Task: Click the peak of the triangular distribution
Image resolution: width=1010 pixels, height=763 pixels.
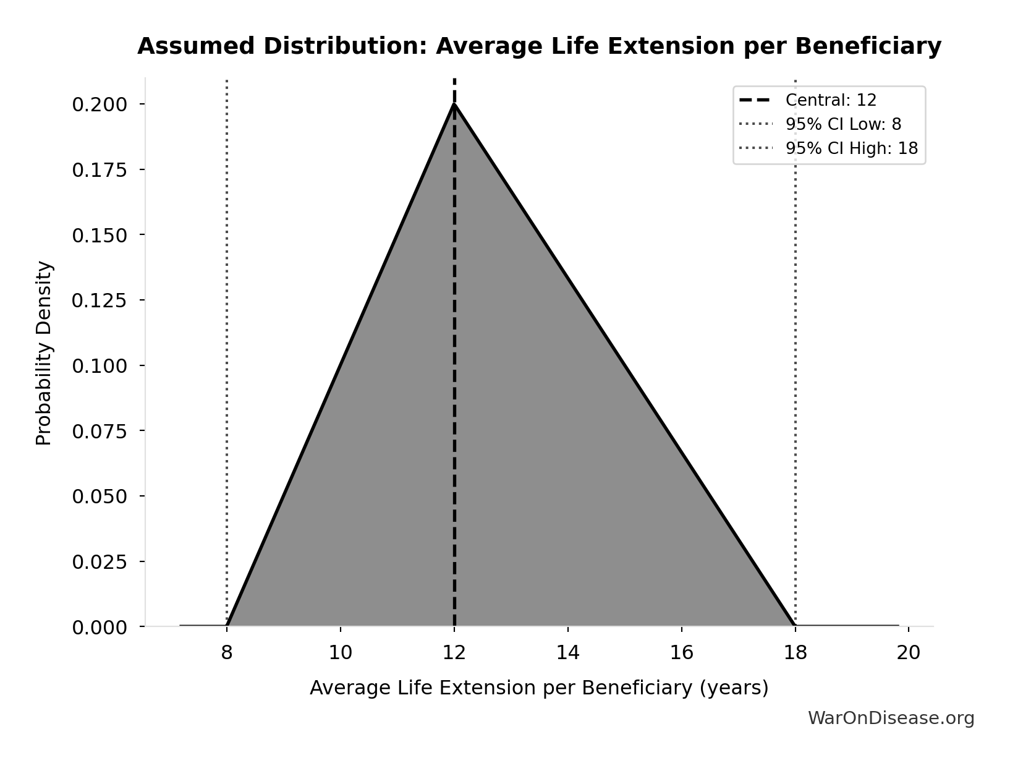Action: (454, 104)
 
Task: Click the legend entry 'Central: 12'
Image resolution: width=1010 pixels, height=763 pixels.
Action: (830, 100)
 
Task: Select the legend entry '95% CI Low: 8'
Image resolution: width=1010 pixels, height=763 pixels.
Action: (842, 124)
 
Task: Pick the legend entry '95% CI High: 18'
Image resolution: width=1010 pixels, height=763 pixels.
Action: (851, 148)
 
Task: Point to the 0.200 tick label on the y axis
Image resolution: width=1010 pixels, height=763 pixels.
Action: (100, 104)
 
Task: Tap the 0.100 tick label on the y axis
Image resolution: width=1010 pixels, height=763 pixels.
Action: (100, 366)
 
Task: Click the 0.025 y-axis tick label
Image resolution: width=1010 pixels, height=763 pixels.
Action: (100, 562)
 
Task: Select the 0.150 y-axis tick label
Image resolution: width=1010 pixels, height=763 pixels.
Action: (100, 236)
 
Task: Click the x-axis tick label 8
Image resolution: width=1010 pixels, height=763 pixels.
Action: (227, 653)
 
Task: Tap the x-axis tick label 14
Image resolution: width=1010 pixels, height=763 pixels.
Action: (567, 653)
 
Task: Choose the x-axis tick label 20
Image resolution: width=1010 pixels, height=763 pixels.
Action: (909, 653)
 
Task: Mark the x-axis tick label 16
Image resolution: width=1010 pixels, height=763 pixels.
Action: (681, 653)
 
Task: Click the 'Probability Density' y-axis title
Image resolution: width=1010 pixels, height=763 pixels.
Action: (44, 353)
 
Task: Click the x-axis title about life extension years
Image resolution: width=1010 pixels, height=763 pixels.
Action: (539, 688)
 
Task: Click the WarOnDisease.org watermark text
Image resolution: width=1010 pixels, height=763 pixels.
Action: (891, 718)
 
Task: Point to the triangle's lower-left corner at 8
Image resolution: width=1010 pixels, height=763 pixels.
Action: (227, 626)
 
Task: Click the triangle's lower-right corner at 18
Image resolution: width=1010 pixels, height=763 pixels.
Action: (795, 626)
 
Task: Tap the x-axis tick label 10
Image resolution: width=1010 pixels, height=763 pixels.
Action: (341, 653)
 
